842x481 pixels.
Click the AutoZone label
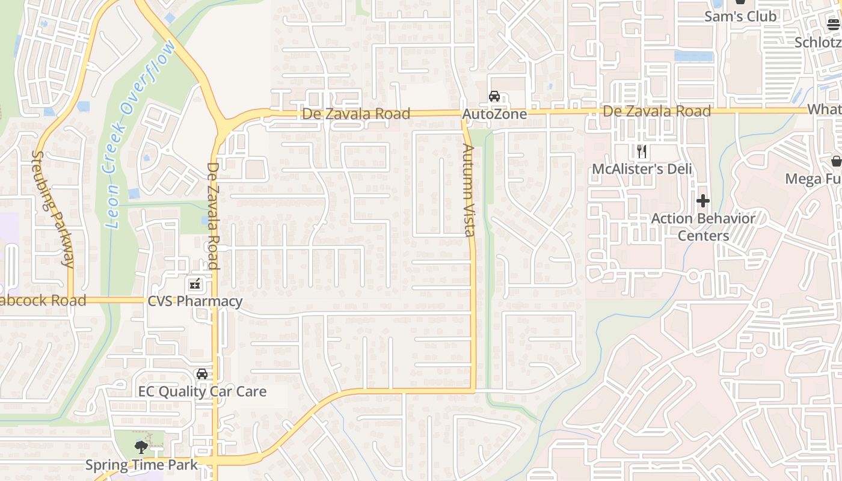pyautogui.click(x=494, y=114)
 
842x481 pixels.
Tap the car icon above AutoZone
pyautogui.click(x=494, y=96)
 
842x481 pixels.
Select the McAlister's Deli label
pyautogui.click(x=642, y=169)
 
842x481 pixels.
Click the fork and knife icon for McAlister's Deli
pyautogui.click(x=642, y=151)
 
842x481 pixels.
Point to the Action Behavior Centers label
pyautogui.click(x=703, y=227)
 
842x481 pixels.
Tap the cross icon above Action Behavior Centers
pyautogui.click(x=702, y=200)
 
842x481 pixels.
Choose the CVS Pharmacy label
pyautogui.click(x=195, y=301)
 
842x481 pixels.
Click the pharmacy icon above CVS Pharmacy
pyautogui.click(x=195, y=284)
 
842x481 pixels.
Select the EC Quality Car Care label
pyautogui.click(x=202, y=391)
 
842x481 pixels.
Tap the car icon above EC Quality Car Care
pyautogui.click(x=202, y=374)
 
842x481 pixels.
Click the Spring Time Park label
pyautogui.click(x=141, y=465)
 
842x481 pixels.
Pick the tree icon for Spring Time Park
pyautogui.click(x=141, y=447)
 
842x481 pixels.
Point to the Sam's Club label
pyautogui.click(x=740, y=16)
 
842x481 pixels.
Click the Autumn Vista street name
pyautogui.click(x=469, y=189)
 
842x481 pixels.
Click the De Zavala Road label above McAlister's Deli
pyautogui.click(x=657, y=111)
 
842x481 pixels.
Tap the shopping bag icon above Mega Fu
pyautogui.click(x=836, y=161)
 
